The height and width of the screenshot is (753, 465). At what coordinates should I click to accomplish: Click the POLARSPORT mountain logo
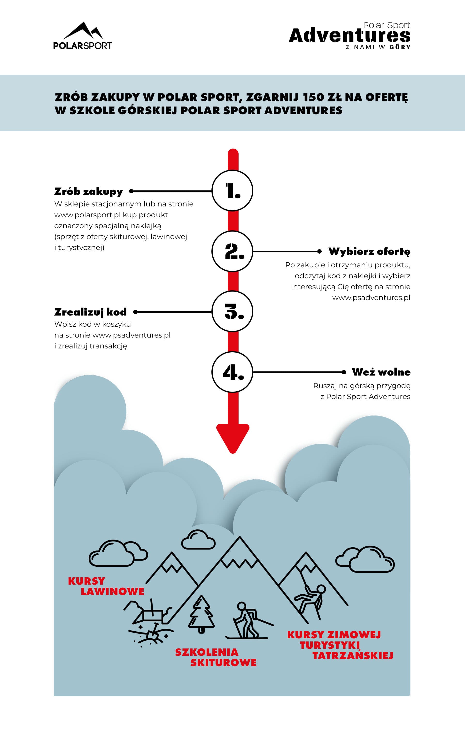pos(82,36)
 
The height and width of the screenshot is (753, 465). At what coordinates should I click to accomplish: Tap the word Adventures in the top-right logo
pos(349,36)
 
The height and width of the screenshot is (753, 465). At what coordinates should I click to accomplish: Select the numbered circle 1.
pos(232,190)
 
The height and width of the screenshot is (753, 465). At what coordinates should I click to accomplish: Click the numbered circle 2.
pos(232,251)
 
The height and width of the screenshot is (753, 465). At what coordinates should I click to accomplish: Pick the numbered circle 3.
pos(232,311)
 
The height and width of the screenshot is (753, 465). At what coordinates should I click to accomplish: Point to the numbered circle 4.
pos(232,372)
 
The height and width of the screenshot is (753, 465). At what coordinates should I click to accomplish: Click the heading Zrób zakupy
pos(89,191)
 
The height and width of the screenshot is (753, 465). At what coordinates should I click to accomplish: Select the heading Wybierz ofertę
pos(369,251)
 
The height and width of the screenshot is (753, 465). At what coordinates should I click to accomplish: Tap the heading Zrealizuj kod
pos(90,312)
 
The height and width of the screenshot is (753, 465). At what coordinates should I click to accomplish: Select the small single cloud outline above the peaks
pos(198,539)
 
